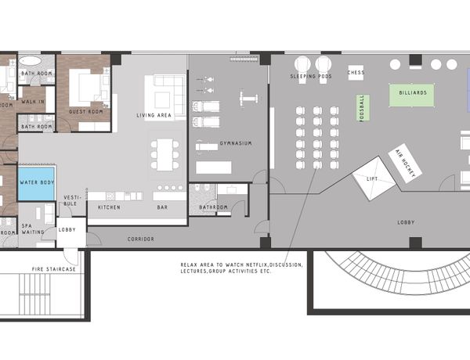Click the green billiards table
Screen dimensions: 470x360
tap(412, 95)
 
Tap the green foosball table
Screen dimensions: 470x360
tap(363, 108)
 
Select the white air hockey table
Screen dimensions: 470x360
tap(405, 164)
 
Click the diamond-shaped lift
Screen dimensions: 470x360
tap(374, 178)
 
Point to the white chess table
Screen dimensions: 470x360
tap(356, 73)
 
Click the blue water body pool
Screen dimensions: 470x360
tap(37, 183)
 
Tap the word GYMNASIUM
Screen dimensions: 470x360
tap(236, 143)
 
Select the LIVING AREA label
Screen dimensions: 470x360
tap(154, 115)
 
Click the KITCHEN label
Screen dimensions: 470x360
tap(109, 207)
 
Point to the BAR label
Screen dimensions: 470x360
tap(162, 207)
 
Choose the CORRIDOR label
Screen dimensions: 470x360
tap(140, 239)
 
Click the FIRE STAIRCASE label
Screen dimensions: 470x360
tap(54, 269)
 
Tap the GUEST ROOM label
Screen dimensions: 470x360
tap(85, 112)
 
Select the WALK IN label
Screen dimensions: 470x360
tap(33, 102)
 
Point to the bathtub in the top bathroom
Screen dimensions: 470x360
tap(30, 61)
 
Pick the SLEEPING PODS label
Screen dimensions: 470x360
tap(311, 77)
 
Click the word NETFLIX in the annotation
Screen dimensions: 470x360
tap(257, 265)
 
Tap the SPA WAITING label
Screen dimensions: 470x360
tap(33, 229)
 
